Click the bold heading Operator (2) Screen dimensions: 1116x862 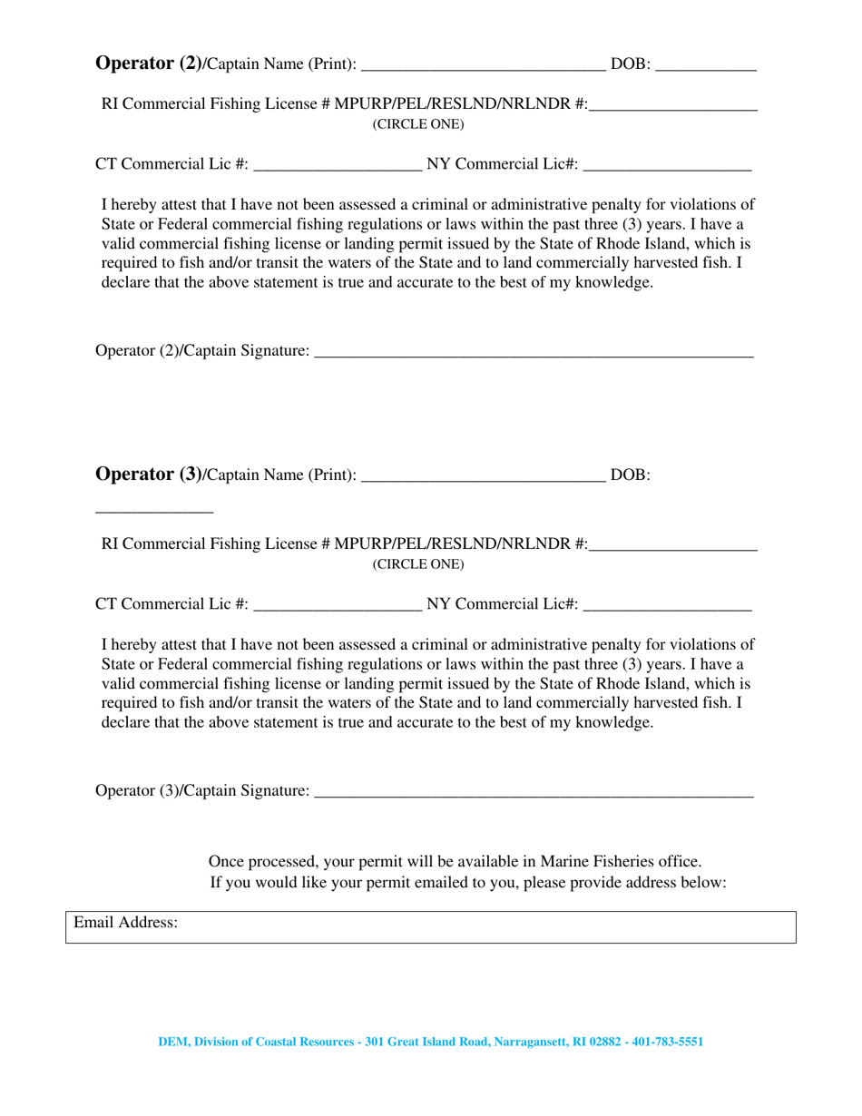(x=148, y=64)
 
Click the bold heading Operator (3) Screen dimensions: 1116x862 (x=148, y=474)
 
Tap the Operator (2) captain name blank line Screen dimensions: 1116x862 (x=483, y=68)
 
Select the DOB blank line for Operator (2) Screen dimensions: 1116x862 (x=705, y=68)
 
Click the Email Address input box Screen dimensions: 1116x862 (x=485, y=927)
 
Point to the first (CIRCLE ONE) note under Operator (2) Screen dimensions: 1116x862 (x=418, y=124)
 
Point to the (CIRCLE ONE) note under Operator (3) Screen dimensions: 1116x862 (x=418, y=564)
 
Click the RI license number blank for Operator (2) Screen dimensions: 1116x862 (x=672, y=109)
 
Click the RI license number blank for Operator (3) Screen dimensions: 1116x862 (x=672, y=549)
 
